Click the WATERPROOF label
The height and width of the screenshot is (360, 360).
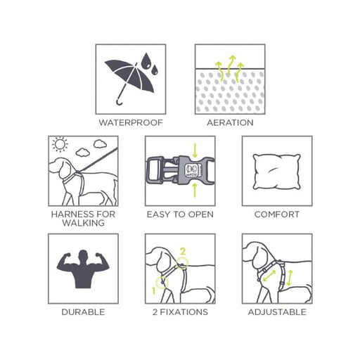(x=131, y=122)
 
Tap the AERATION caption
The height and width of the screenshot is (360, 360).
(x=230, y=122)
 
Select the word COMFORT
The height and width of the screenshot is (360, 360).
(x=277, y=214)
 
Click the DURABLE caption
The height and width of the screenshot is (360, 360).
(x=83, y=312)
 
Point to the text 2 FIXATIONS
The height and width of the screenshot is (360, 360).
(x=180, y=312)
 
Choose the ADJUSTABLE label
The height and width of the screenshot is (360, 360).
(x=277, y=312)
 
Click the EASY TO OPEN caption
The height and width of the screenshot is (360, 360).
(x=180, y=214)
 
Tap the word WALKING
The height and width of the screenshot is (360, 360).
(x=84, y=223)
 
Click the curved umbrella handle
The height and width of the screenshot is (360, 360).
(x=120, y=103)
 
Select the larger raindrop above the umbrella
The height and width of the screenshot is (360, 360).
(x=146, y=61)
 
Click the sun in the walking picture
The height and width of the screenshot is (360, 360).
(x=60, y=144)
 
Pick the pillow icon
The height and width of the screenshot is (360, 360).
(x=276, y=172)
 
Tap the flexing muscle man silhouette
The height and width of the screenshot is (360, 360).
(x=83, y=269)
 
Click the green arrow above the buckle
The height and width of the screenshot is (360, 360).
(x=195, y=150)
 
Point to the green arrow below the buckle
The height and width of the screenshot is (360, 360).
(x=195, y=190)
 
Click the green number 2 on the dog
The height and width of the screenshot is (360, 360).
(x=183, y=251)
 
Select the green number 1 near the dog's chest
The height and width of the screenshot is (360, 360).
(x=154, y=291)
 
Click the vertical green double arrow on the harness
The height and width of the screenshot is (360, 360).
(x=290, y=278)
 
